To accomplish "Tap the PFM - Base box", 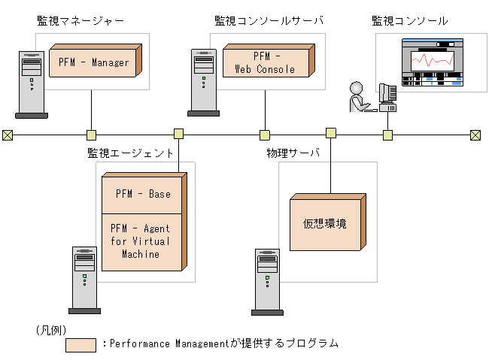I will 142,194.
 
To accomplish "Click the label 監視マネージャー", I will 80,21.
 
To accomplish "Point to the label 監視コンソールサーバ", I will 268,21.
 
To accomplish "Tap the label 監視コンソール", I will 410,21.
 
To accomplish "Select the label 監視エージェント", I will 131,153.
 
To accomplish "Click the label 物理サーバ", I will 293,153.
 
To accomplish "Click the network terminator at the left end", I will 8,135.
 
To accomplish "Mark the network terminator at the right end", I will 475,135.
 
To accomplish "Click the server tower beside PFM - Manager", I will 31,84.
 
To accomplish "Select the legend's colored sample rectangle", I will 80,344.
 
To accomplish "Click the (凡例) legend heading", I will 50,329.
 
